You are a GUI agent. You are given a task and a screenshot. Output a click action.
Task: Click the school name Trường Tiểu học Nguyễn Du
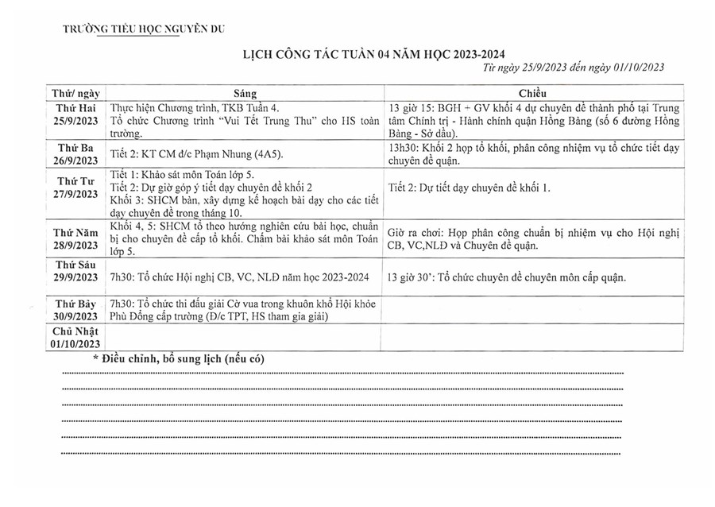tap(144, 29)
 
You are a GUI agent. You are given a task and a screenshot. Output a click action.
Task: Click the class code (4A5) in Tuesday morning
tap(269, 153)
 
